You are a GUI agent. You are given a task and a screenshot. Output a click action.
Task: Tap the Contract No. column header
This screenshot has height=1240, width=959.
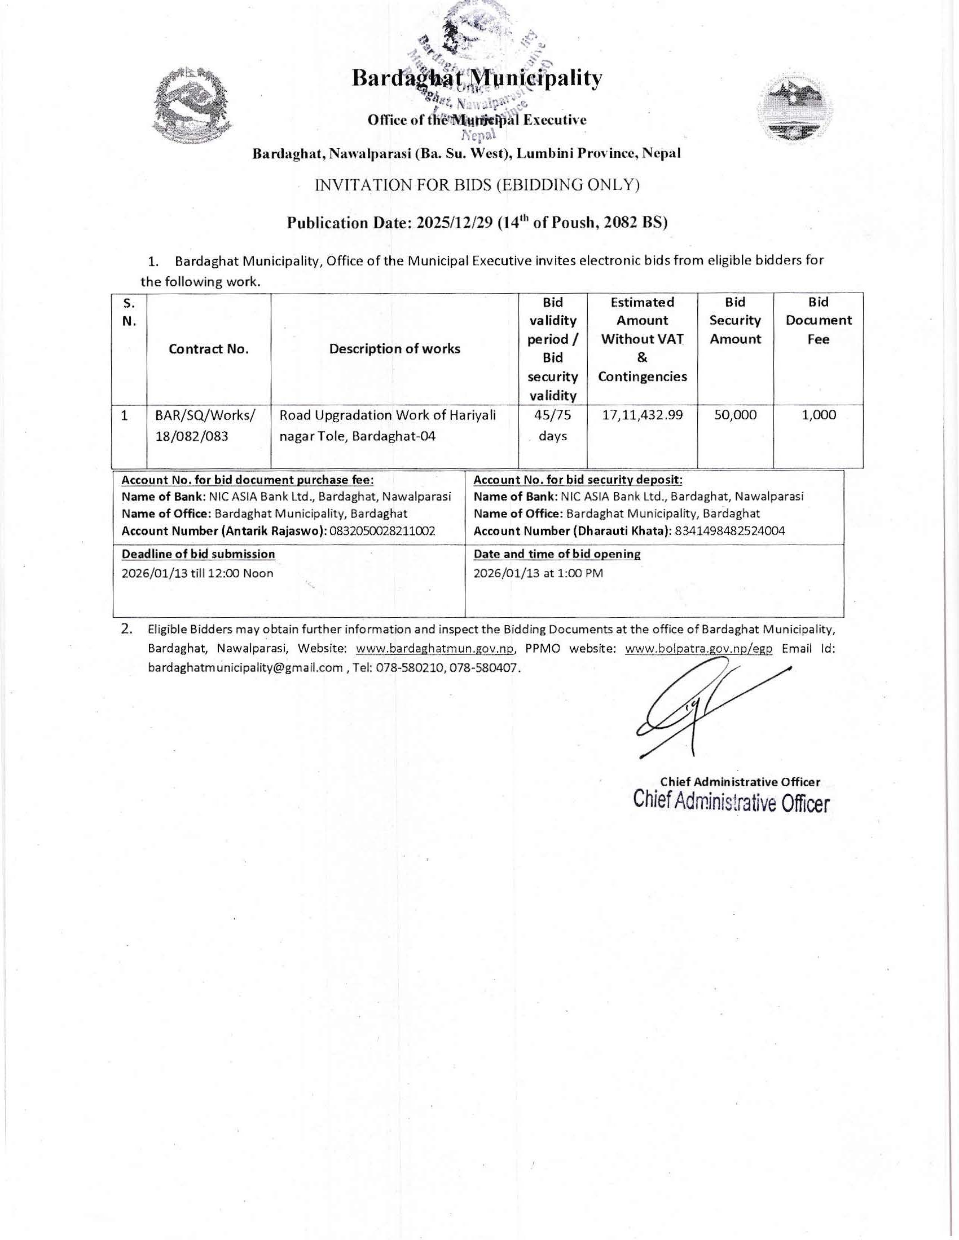pyautogui.click(x=209, y=349)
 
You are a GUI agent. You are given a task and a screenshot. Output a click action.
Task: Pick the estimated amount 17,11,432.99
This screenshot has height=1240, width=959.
pyautogui.click(x=642, y=415)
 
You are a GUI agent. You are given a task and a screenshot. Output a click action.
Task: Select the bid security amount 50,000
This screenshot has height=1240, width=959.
pyautogui.click(x=735, y=415)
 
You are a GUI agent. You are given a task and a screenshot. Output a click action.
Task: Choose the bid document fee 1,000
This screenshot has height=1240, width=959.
pyautogui.click(x=818, y=415)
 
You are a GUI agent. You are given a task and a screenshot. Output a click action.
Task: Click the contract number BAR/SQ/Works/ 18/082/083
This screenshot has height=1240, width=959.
pyautogui.click(x=205, y=426)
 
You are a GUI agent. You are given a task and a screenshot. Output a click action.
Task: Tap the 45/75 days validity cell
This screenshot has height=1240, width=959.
pyautogui.click(x=552, y=425)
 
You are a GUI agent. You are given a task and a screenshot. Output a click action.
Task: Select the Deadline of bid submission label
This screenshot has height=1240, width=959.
pyautogui.click(x=198, y=553)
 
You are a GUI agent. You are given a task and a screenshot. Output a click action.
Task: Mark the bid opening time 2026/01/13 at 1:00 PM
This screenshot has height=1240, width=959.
pyautogui.click(x=538, y=573)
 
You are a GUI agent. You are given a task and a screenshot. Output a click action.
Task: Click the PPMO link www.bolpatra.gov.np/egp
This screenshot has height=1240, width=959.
pyautogui.click(x=698, y=649)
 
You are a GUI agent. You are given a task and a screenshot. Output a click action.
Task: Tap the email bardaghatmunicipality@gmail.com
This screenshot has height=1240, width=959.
pyautogui.click(x=245, y=668)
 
